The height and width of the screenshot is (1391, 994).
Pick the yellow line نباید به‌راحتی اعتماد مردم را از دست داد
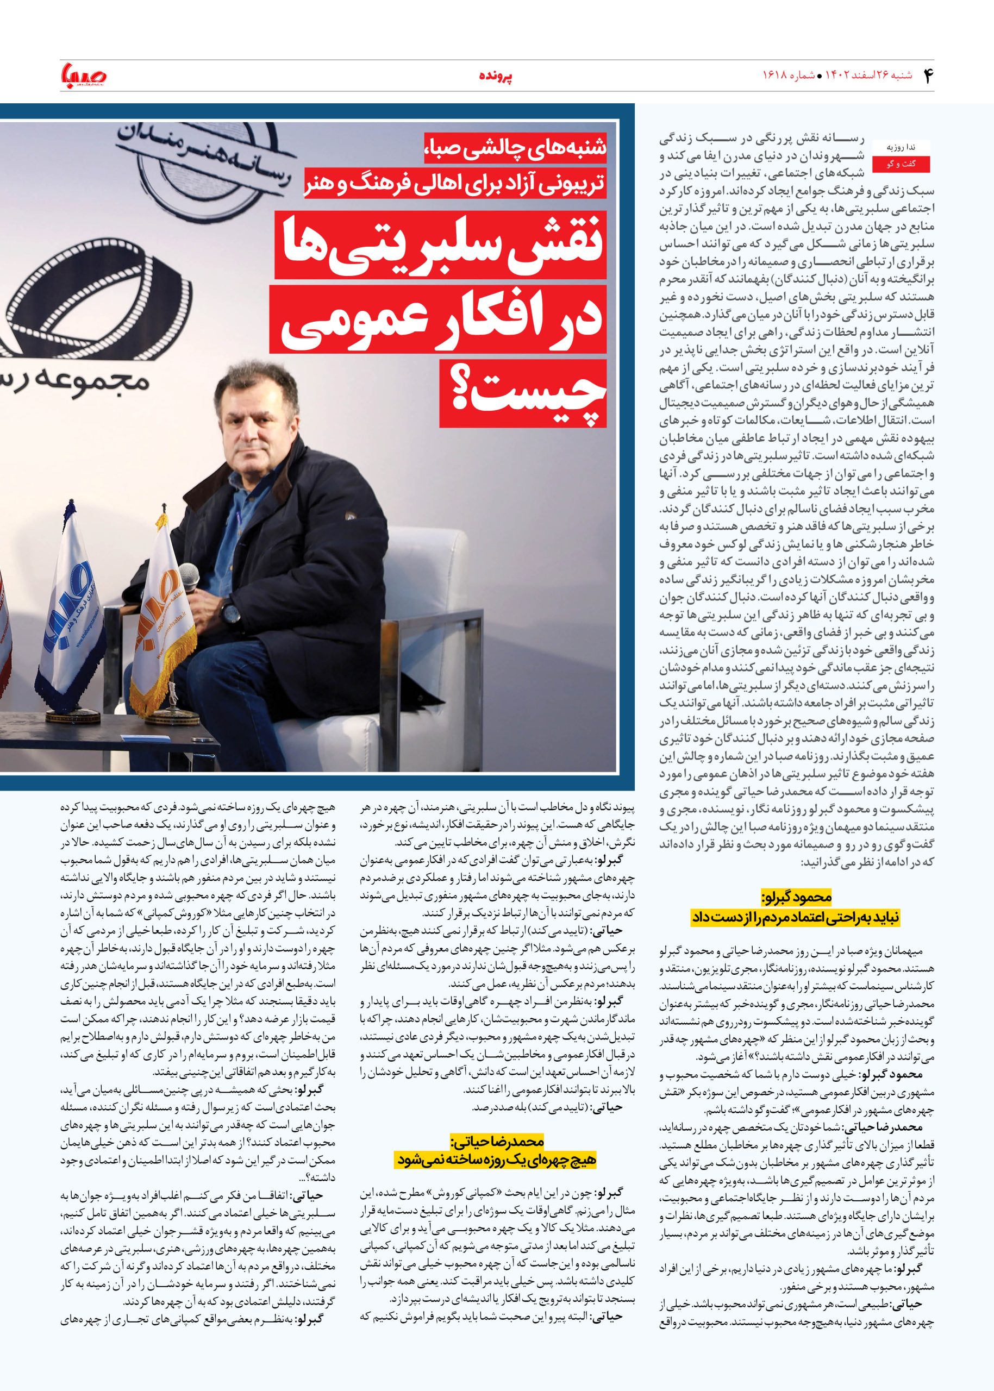coord(796,917)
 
